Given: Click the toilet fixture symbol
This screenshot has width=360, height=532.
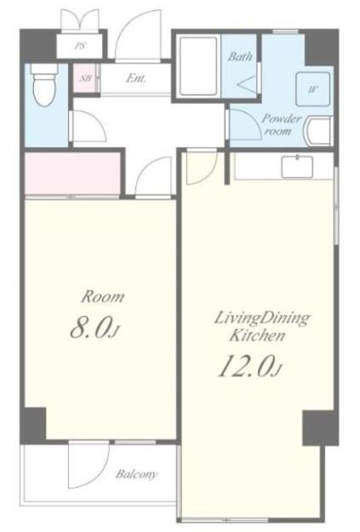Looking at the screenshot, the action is (x=44, y=85).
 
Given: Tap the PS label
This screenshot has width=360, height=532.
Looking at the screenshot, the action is (x=80, y=46).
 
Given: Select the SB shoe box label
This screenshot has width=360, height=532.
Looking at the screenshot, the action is (x=86, y=78).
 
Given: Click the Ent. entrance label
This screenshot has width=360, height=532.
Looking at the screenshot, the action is (x=136, y=78).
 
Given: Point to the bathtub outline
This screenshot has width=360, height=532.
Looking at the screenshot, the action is (x=198, y=66).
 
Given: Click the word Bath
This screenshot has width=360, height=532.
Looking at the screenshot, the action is (x=240, y=57).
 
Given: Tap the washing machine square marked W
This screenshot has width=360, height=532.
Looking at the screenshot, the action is (x=313, y=89).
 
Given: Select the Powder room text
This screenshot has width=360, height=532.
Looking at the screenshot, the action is (x=280, y=125).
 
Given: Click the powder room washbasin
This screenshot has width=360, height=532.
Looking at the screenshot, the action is (x=318, y=131).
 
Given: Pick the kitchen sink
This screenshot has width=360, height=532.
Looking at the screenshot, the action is (x=298, y=166).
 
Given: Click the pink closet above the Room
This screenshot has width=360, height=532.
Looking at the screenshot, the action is (x=72, y=174).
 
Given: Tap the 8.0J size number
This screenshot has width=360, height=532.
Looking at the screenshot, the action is (x=95, y=328).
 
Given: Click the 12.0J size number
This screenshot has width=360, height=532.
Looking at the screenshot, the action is (x=249, y=366).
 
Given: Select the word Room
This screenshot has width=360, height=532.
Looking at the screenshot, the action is (x=103, y=297).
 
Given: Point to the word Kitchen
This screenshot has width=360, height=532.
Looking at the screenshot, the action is (x=258, y=336).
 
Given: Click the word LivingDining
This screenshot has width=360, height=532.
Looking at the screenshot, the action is (x=262, y=318).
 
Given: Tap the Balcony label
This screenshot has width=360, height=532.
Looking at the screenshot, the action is (x=136, y=474).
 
